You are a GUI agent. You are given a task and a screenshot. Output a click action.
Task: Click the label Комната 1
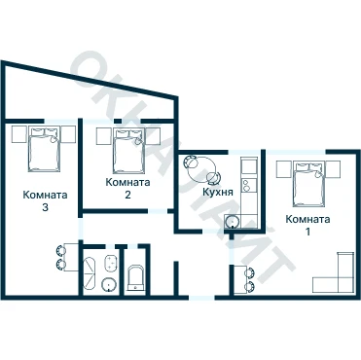[x=307, y=225]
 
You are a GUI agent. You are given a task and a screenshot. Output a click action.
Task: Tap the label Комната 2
[x=127, y=188]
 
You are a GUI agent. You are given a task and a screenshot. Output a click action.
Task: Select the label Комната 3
[x=45, y=200]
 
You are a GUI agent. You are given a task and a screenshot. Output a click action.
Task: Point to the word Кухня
[x=218, y=192]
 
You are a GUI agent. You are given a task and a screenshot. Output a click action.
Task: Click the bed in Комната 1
[x=308, y=184]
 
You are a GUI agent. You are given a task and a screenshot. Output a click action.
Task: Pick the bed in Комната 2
[x=128, y=151]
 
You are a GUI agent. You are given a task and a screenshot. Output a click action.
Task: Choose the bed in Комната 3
[x=44, y=149]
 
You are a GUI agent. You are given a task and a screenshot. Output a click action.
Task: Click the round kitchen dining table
[x=203, y=169]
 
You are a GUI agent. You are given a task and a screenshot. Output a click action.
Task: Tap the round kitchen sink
[x=233, y=222]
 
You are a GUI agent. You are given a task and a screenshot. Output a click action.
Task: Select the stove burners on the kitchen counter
[x=247, y=185]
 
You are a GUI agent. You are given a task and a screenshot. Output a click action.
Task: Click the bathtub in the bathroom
[x=90, y=273]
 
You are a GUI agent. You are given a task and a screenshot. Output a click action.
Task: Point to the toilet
[x=135, y=277]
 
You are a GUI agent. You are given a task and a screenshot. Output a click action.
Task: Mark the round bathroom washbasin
[x=109, y=284]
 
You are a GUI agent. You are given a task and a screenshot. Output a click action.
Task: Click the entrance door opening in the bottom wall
[x=201, y=297]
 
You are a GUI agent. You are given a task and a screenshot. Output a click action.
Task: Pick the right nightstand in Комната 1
[x=333, y=169]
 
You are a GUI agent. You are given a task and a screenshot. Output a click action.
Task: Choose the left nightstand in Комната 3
[x=18, y=134]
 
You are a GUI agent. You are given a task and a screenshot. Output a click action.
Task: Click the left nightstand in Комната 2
[x=104, y=136]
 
